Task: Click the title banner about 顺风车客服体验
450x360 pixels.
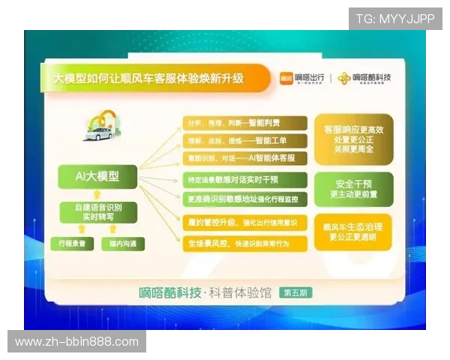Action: [x=150, y=78]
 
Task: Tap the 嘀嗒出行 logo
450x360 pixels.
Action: [x=301, y=77]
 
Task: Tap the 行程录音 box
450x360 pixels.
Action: [x=73, y=244]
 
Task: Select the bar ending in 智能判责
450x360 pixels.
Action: [x=244, y=123]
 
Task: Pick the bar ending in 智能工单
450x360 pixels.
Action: [x=244, y=140]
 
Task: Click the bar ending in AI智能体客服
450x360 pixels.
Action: [x=244, y=157]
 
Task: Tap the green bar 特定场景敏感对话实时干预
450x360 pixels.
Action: [x=244, y=181]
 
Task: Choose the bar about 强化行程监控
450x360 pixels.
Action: [x=244, y=199]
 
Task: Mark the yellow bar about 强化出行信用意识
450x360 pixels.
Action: [x=244, y=223]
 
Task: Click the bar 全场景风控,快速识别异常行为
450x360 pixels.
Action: [x=244, y=243]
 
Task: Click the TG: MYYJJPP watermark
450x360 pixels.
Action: [x=394, y=19]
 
